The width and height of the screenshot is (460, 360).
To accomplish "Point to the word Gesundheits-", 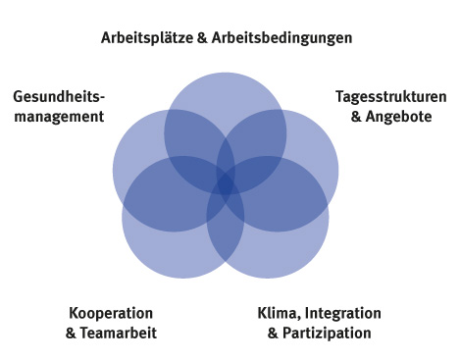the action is click(58, 97).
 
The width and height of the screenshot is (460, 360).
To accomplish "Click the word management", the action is click(58, 116).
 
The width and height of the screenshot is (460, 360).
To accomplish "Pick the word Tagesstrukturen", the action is click(390, 97).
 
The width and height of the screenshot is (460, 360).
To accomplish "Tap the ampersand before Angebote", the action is click(356, 116).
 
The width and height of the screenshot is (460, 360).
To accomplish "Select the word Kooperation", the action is click(111, 313).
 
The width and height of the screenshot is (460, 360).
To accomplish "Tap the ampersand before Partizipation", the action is click(273, 333).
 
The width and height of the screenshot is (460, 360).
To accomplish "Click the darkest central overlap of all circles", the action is click(226, 182).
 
